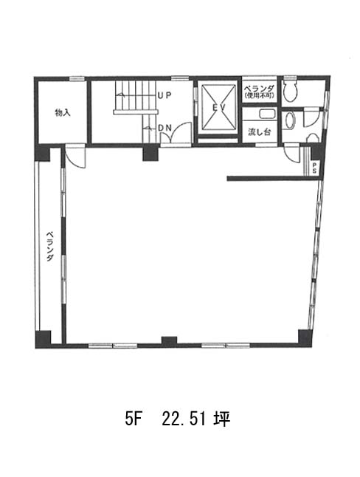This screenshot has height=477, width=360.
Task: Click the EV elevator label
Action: tap(218, 107)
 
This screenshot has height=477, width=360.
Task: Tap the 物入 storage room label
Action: tap(63, 112)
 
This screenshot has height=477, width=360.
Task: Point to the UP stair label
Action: tap(165, 95)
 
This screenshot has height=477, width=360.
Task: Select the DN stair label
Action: tap(165, 128)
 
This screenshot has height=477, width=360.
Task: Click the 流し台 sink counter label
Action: tap(260, 132)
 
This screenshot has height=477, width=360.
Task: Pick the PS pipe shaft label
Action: tap(314, 168)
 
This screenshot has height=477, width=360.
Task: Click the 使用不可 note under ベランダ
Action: tap(260, 96)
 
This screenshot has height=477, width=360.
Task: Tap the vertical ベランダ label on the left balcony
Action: tap(50, 247)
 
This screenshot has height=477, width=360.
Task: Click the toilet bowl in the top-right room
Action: tap(289, 91)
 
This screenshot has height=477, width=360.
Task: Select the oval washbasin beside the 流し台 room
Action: tap(291, 120)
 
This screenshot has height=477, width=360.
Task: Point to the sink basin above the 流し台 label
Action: tap(267, 114)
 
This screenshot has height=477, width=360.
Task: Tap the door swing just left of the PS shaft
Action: tap(292, 154)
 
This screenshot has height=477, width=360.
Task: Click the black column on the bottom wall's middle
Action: tap(169, 340)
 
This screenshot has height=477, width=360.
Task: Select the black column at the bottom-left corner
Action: tap(43, 339)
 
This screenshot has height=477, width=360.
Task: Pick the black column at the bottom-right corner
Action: tap(305, 338)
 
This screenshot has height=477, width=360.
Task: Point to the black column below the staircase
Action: tap(150, 154)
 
